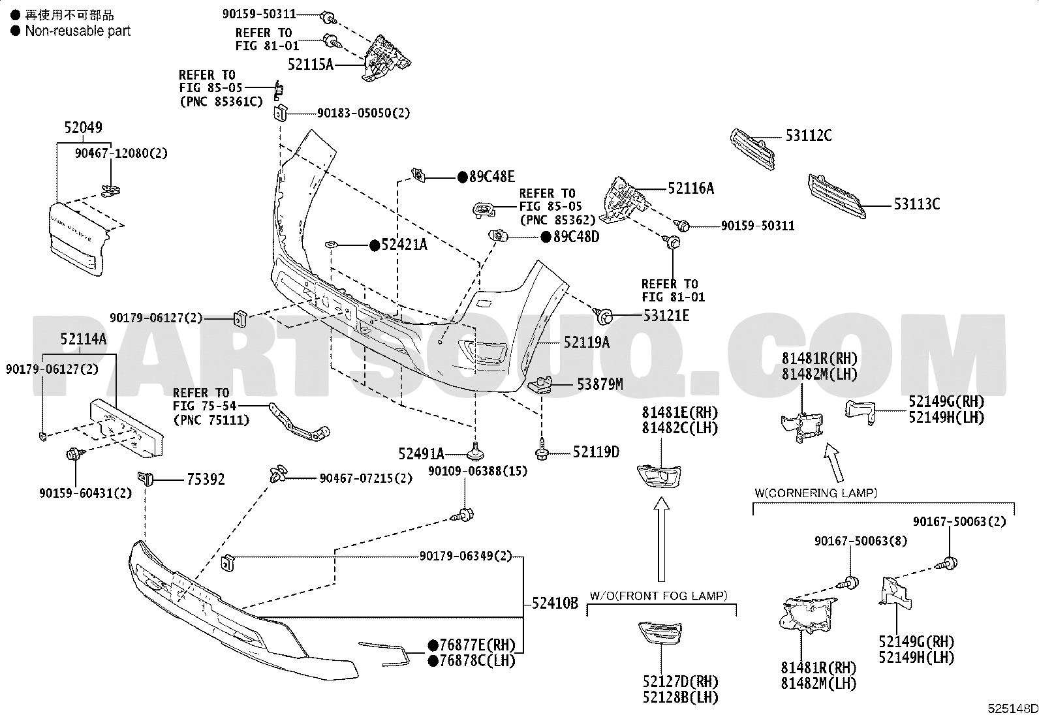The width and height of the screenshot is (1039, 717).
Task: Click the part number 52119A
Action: [x=587, y=343]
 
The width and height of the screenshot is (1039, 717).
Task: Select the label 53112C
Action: [x=809, y=136]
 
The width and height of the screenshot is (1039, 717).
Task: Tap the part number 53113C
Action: [x=917, y=204]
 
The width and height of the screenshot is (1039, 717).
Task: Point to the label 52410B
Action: [x=555, y=603]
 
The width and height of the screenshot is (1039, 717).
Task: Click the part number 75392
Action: [x=206, y=479]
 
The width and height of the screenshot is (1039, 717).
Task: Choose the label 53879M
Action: [x=600, y=384]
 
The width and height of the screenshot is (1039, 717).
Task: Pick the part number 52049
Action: [x=83, y=127]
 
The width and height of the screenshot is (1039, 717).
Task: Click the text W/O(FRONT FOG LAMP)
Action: [x=659, y=596]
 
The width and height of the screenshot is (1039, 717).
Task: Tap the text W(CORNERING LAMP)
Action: [x=816, y=493]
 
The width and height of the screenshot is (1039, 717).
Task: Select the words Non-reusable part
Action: [x=78, y=31]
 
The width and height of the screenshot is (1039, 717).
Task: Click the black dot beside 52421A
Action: [x=375, y=245]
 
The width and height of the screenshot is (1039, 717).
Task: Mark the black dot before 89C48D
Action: [x=546, y=237]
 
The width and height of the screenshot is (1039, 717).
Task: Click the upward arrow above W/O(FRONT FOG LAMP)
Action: [x=661, y=539]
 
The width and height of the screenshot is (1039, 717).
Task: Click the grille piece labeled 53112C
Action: [x=752, y=149]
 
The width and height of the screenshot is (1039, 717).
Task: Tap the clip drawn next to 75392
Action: [x=145, y=478]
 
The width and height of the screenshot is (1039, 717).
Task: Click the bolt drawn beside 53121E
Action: [x=603, y=315]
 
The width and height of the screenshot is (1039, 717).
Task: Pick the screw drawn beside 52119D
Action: [x=542, y=449]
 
